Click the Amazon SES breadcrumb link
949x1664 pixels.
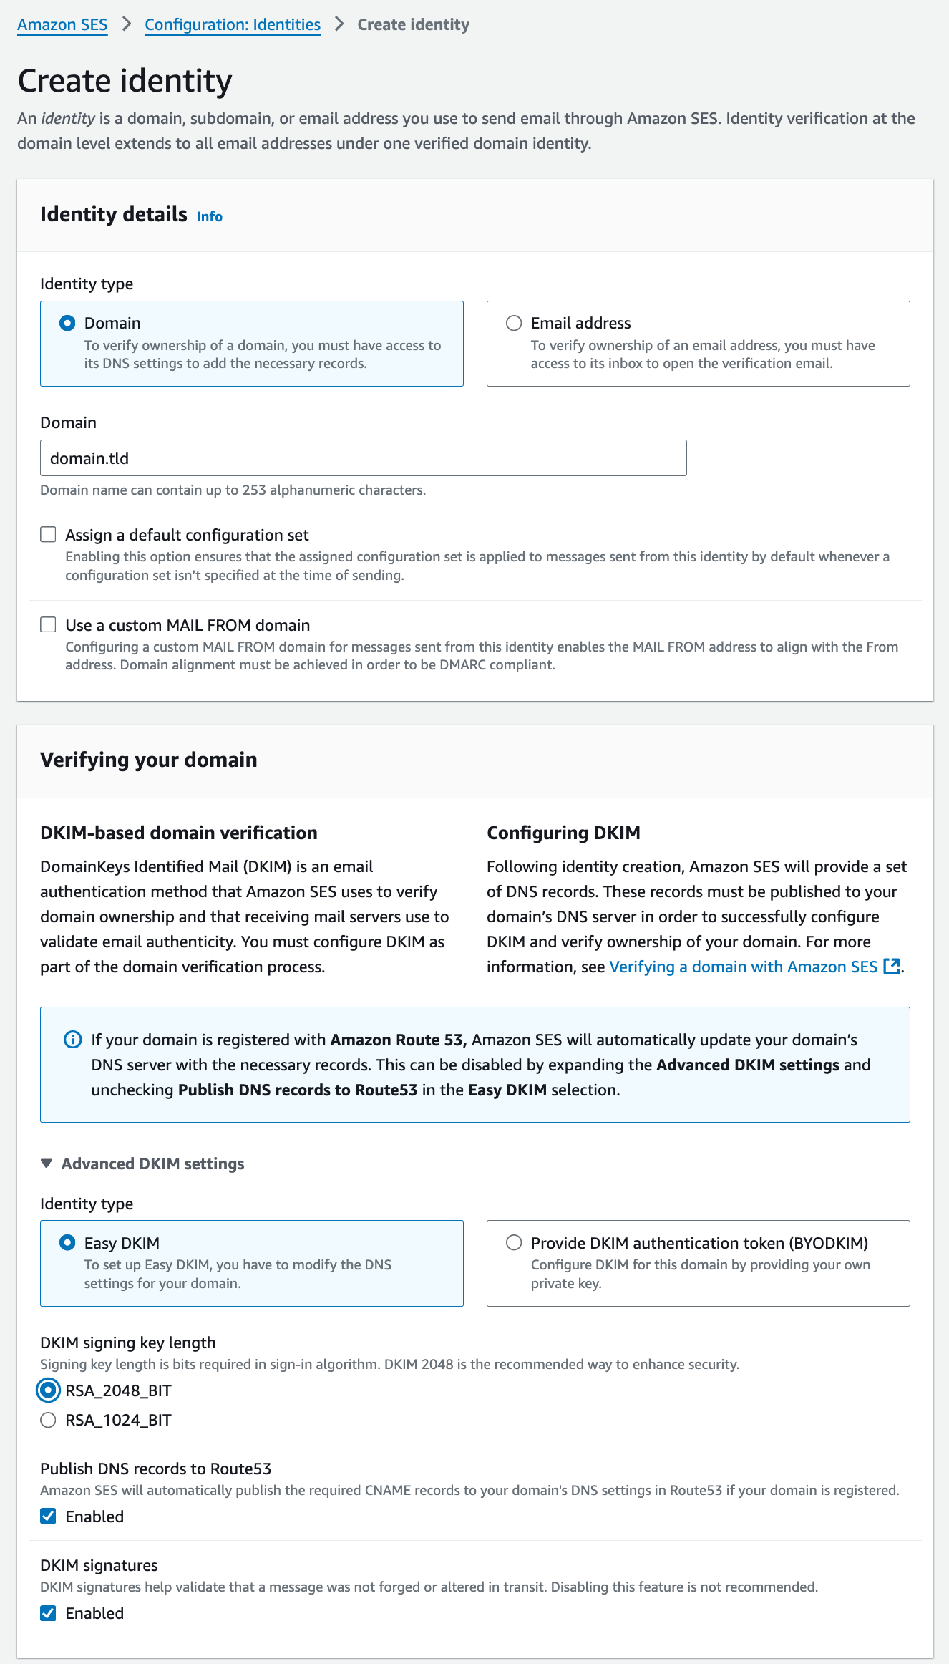(62, 25)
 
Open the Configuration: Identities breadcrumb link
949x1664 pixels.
(232, 25)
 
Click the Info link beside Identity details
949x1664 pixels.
(210, 217)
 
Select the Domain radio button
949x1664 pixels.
(67, 323)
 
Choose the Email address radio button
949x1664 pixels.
(514, 323)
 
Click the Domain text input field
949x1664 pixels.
(363, 458)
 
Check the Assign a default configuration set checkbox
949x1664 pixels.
(49, 535)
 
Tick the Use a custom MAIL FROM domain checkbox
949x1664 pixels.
(49, 625)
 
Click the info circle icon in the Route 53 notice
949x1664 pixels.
(73, 1040)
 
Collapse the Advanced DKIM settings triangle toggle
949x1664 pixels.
(47, 1164)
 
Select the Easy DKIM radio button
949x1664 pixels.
(67, 1242)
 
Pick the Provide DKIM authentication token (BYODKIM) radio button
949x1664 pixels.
(514, 1242)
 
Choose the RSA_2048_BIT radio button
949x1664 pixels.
(49, 1390)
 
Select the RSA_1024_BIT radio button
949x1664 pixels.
(49, 1420)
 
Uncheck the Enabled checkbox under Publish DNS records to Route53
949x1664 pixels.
(49, 1516)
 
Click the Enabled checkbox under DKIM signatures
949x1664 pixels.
(49, 1612)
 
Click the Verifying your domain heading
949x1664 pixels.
(149, 760)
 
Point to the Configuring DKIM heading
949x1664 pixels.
(563, 833)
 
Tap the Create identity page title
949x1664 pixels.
(125, 81)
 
